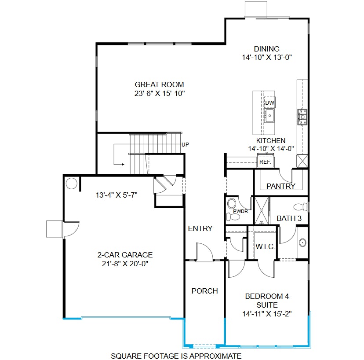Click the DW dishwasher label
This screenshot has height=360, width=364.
[x=269, y=103]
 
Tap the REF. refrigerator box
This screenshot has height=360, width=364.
[x=265, y=162]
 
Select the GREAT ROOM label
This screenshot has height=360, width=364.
[x=159, y=84]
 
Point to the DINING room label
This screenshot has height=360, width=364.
[x=266, y=49]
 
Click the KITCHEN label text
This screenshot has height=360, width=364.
[x=271, y=141]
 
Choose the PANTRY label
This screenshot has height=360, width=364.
[x=281, y=186]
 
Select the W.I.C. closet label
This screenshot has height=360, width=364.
[x=265, y=246]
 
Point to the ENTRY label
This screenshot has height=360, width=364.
[x=200, y=228]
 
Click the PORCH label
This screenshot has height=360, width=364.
[x=204, y=291]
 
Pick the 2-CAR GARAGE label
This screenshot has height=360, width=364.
[x=125, y=255]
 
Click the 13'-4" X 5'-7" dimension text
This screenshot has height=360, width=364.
[x=117, y=195]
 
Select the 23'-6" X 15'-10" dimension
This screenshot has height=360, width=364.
[x=159, y=93]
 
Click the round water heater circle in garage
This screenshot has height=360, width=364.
[x=72, y=183]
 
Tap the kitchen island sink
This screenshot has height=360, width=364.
[x=269, y=115]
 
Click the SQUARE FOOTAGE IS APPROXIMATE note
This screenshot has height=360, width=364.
[x=176, y=356]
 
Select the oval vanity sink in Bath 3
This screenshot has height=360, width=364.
[x=302, y=242]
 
